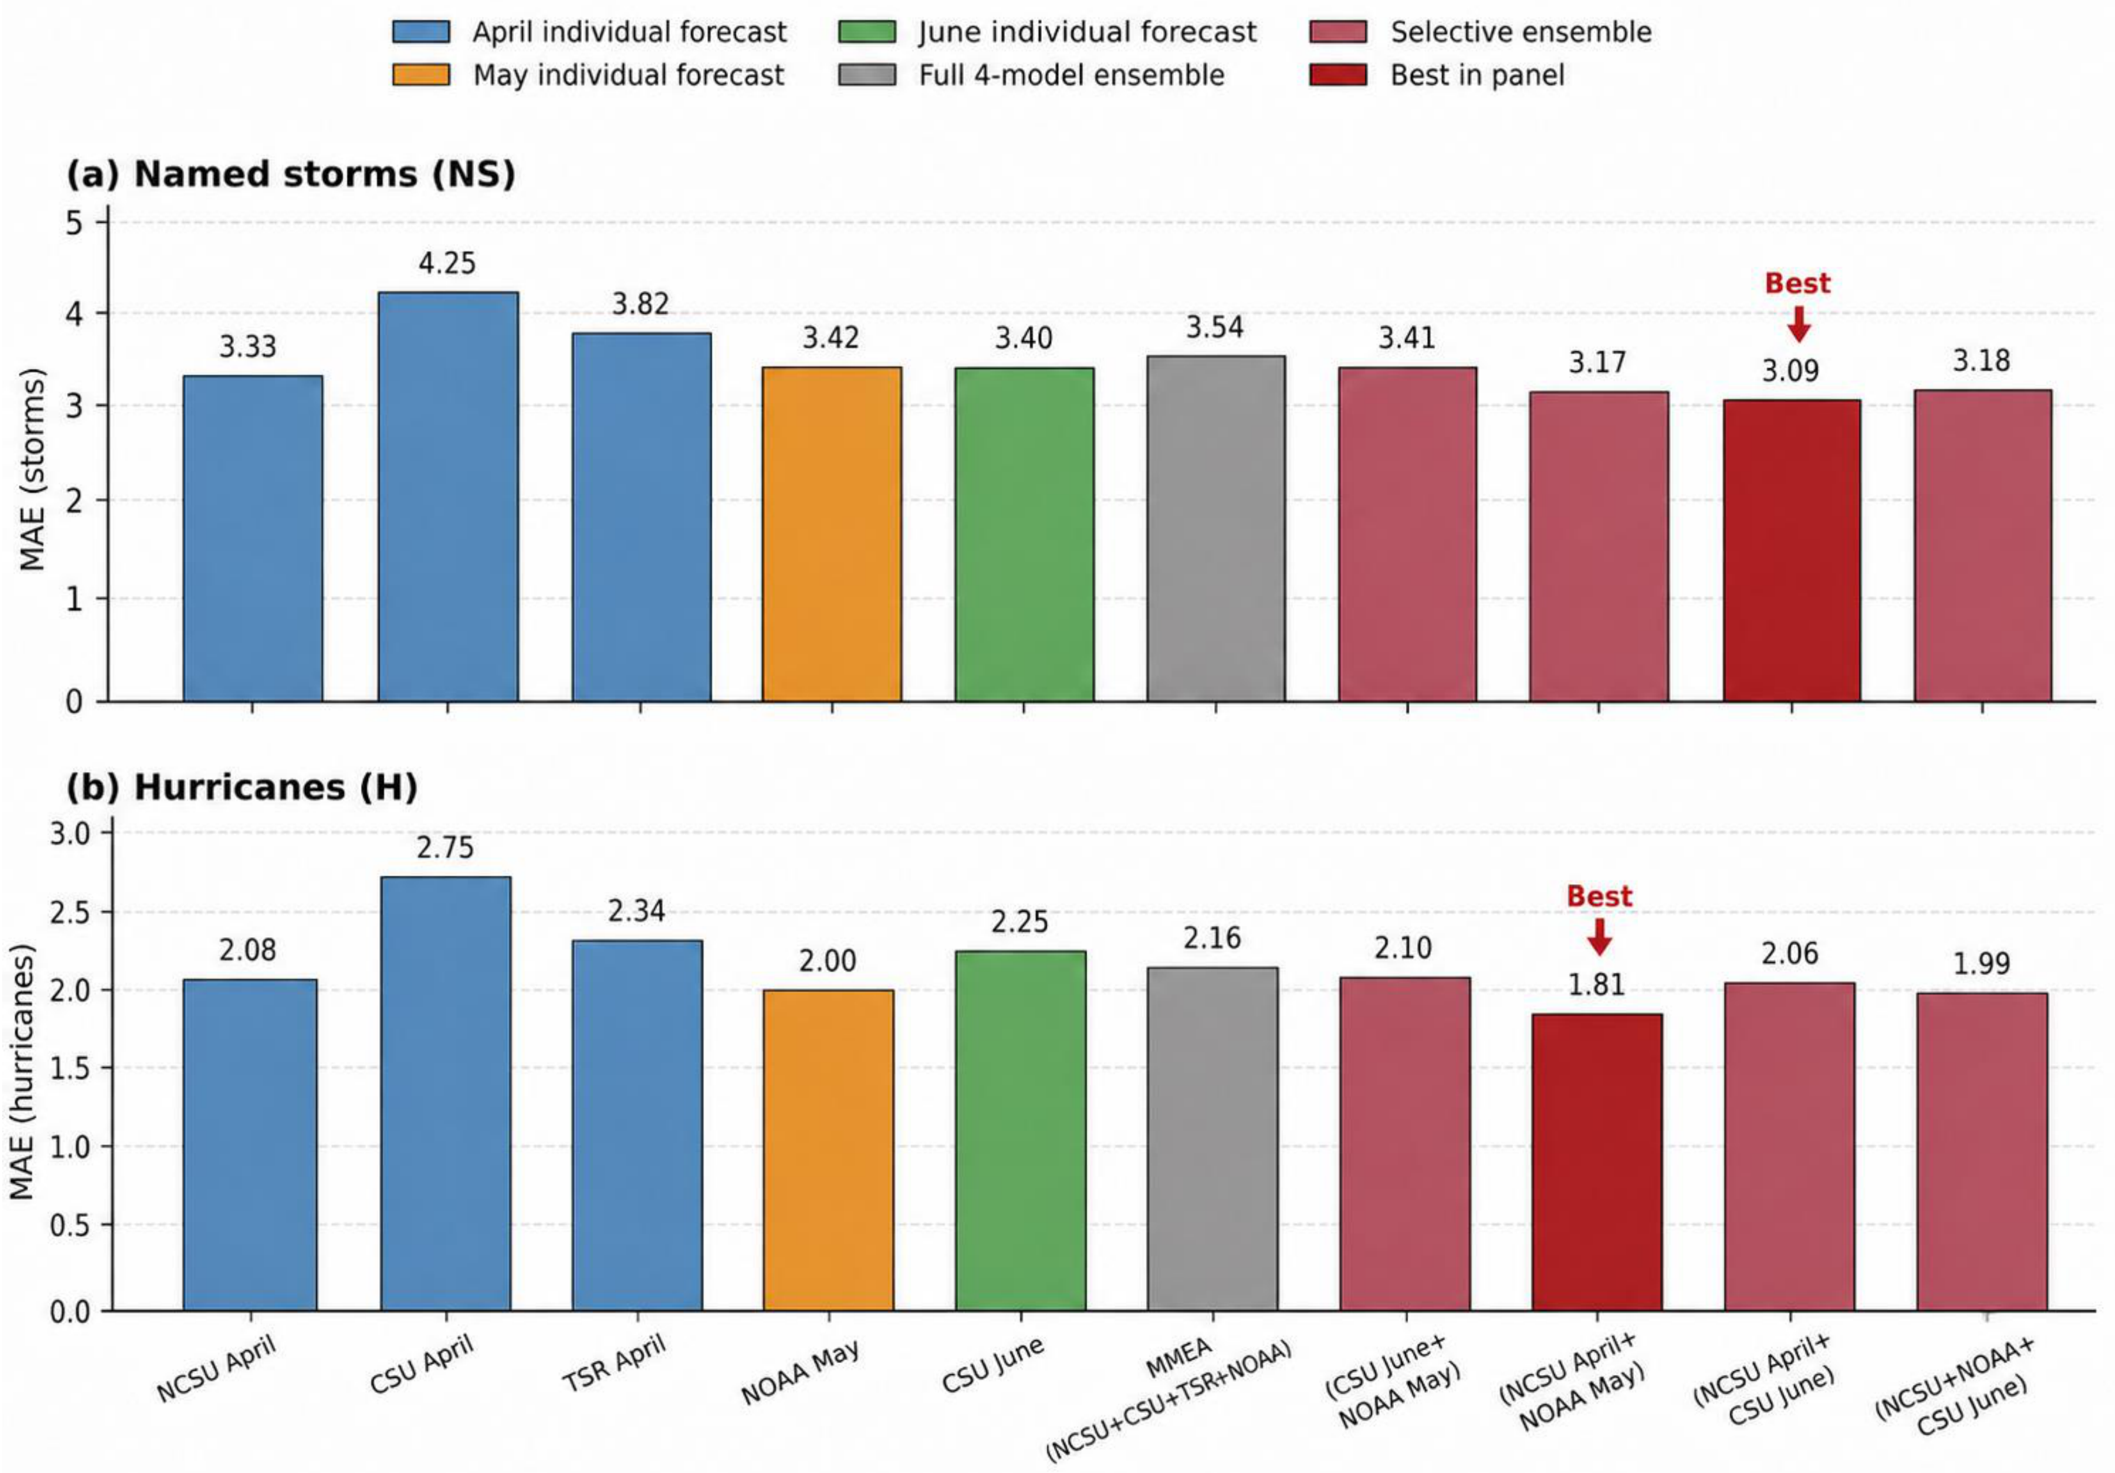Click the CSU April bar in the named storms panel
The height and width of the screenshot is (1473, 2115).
447,497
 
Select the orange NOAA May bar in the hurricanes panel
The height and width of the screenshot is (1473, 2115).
828,1151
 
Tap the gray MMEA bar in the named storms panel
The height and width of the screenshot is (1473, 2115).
1216,529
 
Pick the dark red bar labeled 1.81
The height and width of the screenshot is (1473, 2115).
1597,1163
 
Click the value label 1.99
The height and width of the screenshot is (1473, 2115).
1981,964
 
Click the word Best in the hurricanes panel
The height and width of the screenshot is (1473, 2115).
1599,897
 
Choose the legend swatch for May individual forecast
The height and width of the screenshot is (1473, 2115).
421,75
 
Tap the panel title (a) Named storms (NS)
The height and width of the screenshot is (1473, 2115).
290,174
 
